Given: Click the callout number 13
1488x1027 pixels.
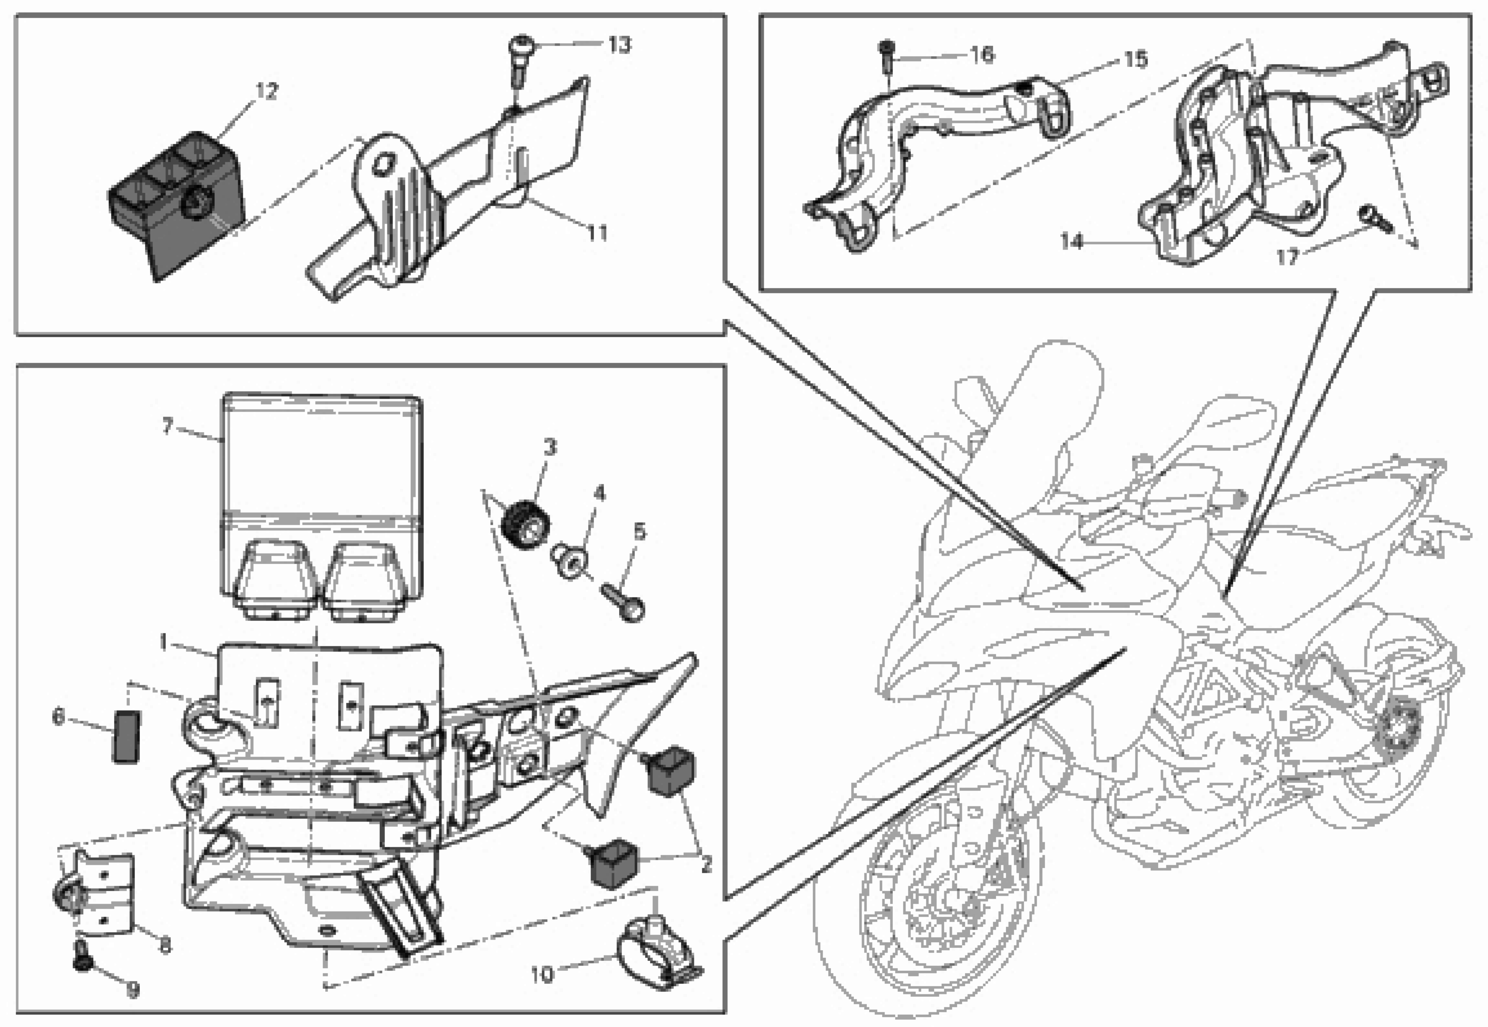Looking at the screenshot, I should tap(619, 45).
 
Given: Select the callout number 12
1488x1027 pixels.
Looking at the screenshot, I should tap(267, 91).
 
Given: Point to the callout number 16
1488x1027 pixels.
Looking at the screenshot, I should tap(982, 55).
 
